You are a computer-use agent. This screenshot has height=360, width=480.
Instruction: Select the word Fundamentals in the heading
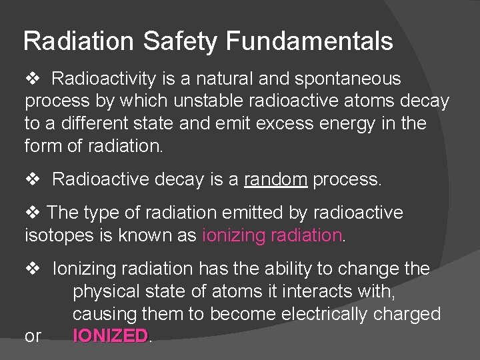309,42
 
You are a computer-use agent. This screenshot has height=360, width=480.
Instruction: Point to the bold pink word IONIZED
110,336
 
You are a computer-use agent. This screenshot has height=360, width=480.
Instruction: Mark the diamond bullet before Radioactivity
33,79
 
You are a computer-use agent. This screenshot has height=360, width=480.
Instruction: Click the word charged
415,314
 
